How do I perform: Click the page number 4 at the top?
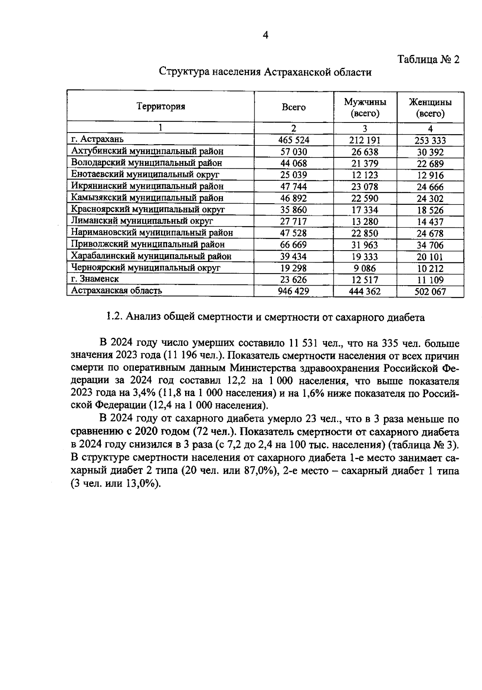(265, 35)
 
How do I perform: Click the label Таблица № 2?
(428, 60)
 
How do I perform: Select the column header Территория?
(161, 106)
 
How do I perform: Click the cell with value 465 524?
(294, 140)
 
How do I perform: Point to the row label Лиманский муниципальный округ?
(142, 221)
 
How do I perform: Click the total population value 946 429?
(294, 291)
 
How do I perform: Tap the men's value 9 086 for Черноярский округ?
(365, 268)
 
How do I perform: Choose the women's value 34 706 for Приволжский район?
(430, 245)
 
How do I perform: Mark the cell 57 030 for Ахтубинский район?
(294, 152)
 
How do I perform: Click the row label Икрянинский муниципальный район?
(147, 186)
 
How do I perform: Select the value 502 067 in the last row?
(430, 292)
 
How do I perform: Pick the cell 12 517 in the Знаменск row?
(365, 280)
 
